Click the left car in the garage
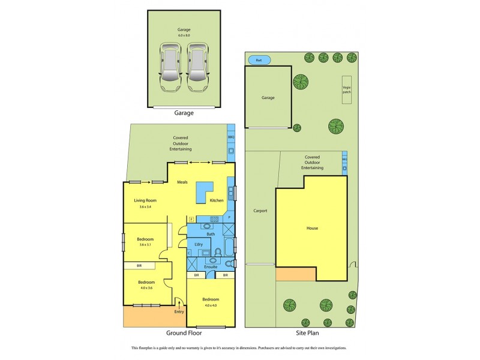pyautogui.click(x=170, y=65)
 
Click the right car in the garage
pyautogui.click(x=199, y=65)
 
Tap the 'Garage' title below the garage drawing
pyautogui.click(x=184, y=112)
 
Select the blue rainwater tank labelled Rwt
pyautogui.click(x=259, y=60)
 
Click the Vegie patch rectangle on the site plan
pyautogui.click(x=347, y=89)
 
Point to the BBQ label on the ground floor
pyautogui.click(x=231, y=137)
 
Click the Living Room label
pyautogui.click(x=145, y=200)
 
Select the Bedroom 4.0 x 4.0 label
pyautogui.click(x=210, y=299)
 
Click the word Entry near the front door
pyautogui.click(x=179, y=311)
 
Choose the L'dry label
pyautogui.click(x=197, y=245)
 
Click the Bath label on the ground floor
pyautogui.click(x=211, y=233)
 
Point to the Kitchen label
pyautogui.click(x=217, y=200)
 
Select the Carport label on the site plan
pyautogui.click(x=260, y=211)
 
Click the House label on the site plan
pyautogui.click(x=312, y=228)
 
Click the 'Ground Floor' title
pyautogui.click(x=184, y=332)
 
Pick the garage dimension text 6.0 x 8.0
pyautogui.click(x=184, y=35)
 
